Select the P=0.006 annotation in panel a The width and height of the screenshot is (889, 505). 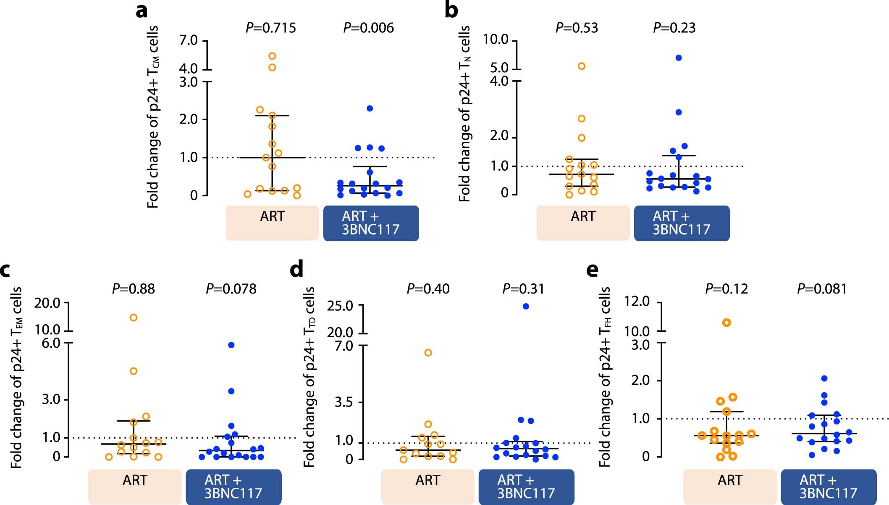click(x=368, y=28)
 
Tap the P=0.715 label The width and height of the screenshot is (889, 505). click(x=270, y=28)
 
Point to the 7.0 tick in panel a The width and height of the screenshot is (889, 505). click(x=188, y=40)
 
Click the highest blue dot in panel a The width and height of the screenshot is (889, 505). click(x=370, y=108)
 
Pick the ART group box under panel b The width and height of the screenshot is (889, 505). click(x=582, y=223)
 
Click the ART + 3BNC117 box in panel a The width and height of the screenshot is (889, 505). click(x=371, y=223)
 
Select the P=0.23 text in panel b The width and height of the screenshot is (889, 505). click(x=674, y=28)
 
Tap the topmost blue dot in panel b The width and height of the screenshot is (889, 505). click(x=679, y=58)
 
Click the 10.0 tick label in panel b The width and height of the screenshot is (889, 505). click(x=496, y=40)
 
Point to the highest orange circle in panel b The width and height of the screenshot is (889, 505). click(x=582, y=66)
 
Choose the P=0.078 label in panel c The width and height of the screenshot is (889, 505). click(x=231, y=289)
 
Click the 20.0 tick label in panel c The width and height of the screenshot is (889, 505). click(x=47, y=303)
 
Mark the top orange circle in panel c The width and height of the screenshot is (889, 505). click(x=134, y=317)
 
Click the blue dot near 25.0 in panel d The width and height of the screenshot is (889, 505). click(x=526, y=307)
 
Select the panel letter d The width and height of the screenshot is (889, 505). click(x=296, y=270)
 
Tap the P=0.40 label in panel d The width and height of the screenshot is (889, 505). click(x=428, y=289)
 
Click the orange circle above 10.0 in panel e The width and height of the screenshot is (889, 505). click(x=726, y=323)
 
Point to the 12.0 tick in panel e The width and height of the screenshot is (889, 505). click(x=637, y=301)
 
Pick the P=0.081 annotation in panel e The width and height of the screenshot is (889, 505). click(x=822, y=289)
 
